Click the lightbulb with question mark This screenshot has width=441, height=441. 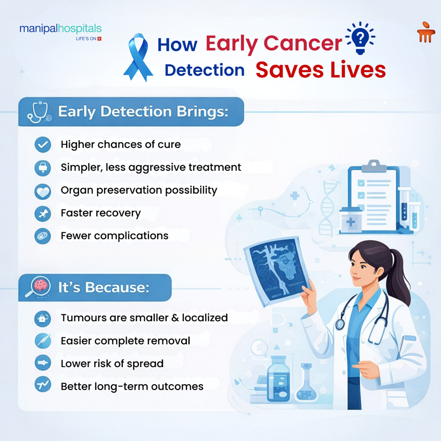360,38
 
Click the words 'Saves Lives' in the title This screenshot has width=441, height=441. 320,70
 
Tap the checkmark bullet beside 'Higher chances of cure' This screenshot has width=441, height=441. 43,144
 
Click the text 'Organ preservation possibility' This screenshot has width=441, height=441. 139,190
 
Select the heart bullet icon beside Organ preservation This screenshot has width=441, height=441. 43,191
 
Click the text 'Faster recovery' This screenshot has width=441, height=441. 100,213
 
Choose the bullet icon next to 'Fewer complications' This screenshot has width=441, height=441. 43,236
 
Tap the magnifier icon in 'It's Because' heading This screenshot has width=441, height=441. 37,287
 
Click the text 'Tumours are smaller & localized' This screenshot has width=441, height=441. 144,317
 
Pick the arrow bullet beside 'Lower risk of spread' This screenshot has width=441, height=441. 43,363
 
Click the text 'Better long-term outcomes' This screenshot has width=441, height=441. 132,386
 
